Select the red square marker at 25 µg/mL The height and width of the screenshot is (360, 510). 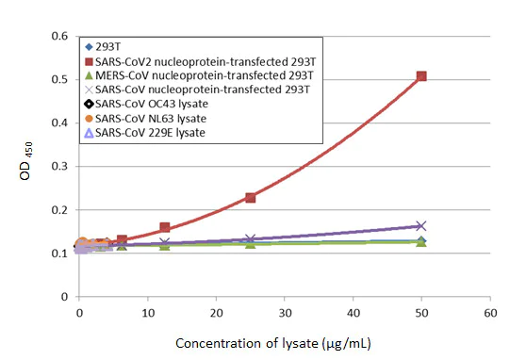(x=251, y=198)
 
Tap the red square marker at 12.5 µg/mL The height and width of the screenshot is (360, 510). (x=165, y=228)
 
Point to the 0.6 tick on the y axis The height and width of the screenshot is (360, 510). (x=59, y=37)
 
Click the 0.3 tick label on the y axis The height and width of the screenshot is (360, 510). (x=59, y=167)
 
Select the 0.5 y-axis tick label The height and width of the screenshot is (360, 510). (x=59, y=80)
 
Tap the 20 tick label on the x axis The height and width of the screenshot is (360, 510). (x=217, y=312)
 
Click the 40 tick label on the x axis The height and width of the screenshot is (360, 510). (x=354, y=312)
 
